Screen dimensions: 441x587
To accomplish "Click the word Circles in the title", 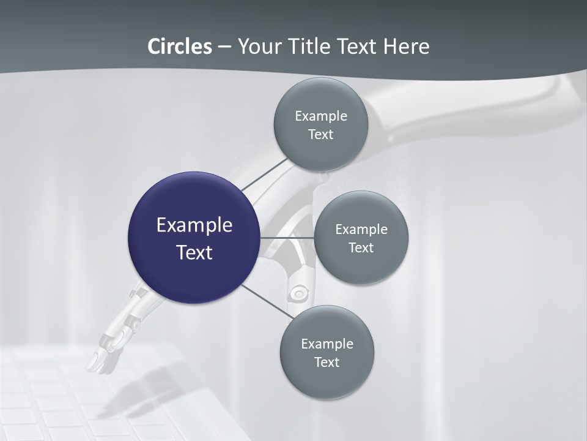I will [179, 47].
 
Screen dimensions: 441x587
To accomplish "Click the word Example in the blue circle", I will [194, 225].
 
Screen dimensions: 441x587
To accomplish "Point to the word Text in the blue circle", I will [194, 252].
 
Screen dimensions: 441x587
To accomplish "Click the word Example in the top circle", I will [320, 116].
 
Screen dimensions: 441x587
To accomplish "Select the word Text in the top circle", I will [320, 134].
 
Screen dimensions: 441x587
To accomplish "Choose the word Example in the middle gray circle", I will [361, 230].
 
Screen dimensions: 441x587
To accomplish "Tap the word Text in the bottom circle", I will [327, 362].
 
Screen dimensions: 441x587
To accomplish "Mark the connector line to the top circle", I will [265, 174].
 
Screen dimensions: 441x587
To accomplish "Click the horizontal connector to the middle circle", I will [287, 237].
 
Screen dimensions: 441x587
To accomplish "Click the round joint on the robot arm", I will [298, 293].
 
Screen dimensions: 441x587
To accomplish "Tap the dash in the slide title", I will [224, 47].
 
